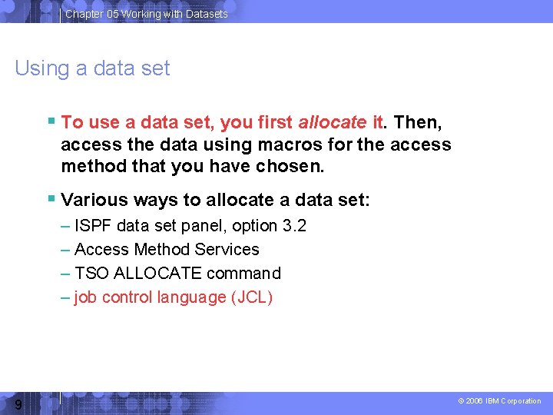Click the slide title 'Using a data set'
pos(92,68)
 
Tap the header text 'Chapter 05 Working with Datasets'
pos(147,14)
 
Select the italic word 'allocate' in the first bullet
pos(332,122)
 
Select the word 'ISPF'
pos(91,226)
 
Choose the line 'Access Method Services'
pos(167,250)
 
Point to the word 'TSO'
pos(90,274)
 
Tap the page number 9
pos(17,404)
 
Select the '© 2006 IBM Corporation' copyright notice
pos(499,401)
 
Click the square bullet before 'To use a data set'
pos(51,121)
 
